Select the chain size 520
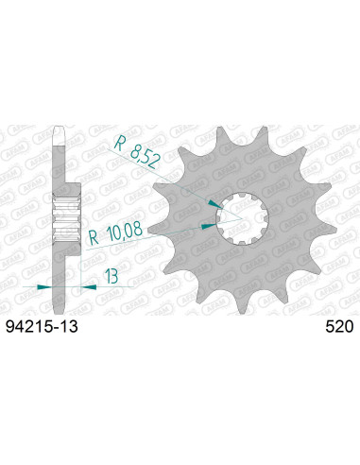pyautogui.click(x=339, y=329)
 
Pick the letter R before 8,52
pyautogui.click(x=123, y=144)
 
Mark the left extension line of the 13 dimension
pyautogui.click(x=55, y=280)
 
